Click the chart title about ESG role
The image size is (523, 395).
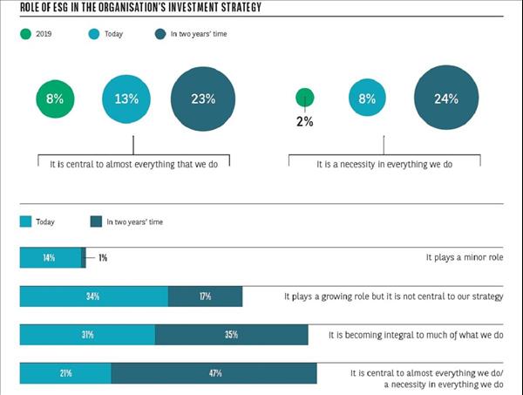pyautogui.click(x=139, y=9)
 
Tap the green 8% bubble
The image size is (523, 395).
pyautogui.click(x=55, y=99)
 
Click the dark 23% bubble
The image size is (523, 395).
pyautogui.click(x=203, y=99)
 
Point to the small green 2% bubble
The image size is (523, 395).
pyautogui.click(x=305, y=99)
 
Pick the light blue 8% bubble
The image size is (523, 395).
pyautogui.click(x=366, y=99)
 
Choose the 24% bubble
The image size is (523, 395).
pyautogui.click(x=445, y=98)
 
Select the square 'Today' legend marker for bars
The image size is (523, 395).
pyautogui.click(x=25, y=222)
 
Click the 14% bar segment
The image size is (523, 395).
pyautogui.click(x=50, y=258)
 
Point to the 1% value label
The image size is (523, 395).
pyautogui.click(x=103, y=258)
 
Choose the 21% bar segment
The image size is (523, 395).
pyautogui.click(x=65, y=373)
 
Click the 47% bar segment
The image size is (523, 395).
pyautogui.click(x=214, y=373)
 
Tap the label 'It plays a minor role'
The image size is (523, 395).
pyautogui.click(x=465, y=258)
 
